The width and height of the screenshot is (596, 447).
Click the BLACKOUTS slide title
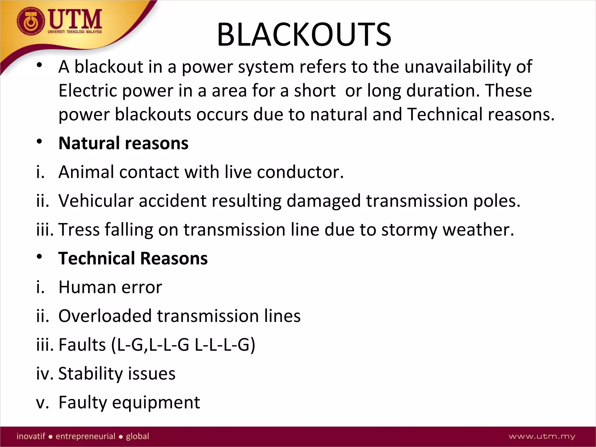[304, 35]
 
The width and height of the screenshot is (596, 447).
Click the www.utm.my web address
[542, 436]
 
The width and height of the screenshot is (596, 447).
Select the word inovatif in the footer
[31, 436]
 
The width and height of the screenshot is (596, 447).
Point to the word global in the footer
[137, 436]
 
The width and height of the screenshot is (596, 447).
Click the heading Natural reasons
[123, 143]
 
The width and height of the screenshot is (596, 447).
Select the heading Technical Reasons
[133, 258]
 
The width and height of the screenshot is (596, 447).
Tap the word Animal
[86, 172]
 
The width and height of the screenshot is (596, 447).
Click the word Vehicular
[96, 201]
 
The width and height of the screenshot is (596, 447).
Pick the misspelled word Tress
[79, 230]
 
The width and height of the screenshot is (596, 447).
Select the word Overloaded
[105, 316]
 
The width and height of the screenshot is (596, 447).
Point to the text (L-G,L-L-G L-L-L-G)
[183, 345]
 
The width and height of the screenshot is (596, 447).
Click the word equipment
[156, 403]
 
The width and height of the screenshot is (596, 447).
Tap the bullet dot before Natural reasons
[40, 142]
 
